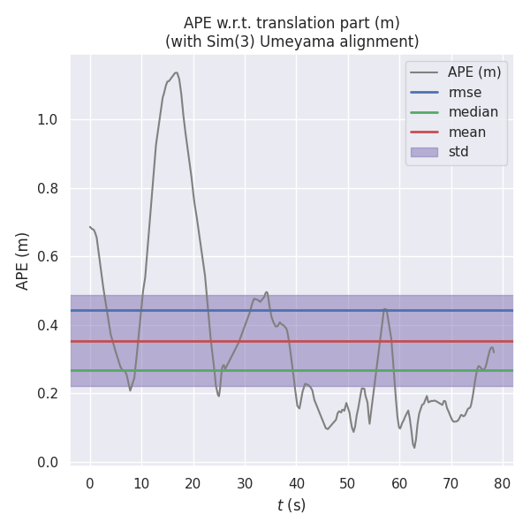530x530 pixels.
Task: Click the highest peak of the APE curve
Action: coord(177,72)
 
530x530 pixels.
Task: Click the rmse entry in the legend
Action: coord(464,92)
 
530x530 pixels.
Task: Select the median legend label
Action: coord(473,112)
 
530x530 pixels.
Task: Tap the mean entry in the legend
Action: coord(466,132)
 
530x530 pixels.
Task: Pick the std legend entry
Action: coord(458,152)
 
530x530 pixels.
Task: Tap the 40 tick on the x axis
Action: coord(296,483)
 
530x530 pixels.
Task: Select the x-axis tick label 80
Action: coord(503,483)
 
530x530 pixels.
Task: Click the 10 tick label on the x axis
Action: coord(141,483)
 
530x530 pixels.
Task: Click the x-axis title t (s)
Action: coord(291,505)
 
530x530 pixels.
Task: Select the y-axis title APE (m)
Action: coord(23,261)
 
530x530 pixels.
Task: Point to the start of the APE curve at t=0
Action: coord(90,227)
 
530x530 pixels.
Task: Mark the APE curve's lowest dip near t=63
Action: coord(413,448)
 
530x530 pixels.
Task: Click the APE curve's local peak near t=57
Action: coord(385,309)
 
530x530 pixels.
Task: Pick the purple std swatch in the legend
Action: coord(423,152)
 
